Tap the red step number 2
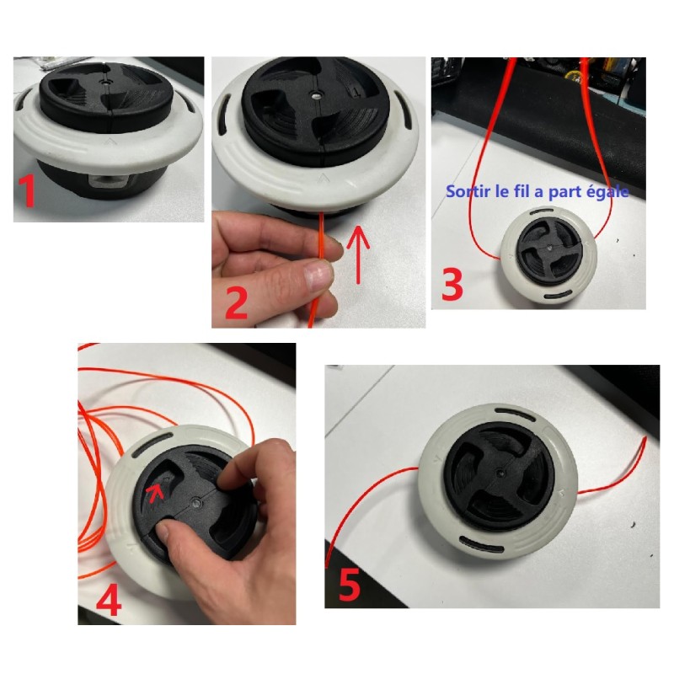click(x=236, y=303)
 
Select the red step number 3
click(x=452, y=284)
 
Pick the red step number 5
click(x=349, y=585)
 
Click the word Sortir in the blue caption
click(x=468, y=191)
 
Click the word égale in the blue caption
click(x=609, y=192)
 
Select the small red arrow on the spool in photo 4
click(x=155, y=493)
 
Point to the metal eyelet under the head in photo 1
click(x=109, y=181)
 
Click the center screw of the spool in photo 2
click(x=316, y=94)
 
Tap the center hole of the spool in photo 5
click(x=499, y=473)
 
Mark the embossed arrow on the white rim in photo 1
click(x=110, y=141)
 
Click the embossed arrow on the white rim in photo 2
click(x=321, y=178)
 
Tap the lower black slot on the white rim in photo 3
click(x=559, y=296)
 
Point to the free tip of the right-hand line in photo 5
click(x=645, y=438)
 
